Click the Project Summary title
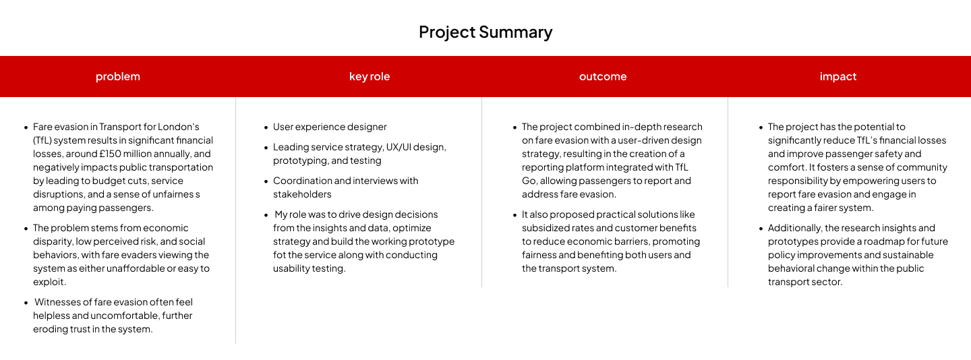[486, 32]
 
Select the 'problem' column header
[118, 77]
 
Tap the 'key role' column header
[370, 77]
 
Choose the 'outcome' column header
[603, 77]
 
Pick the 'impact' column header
[838, 77]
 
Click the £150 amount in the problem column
[110, 154]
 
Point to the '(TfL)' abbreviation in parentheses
[42, 140]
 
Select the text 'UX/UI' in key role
[398, 147]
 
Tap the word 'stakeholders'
[302, 194]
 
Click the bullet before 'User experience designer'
[266, 127]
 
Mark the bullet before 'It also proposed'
[515, 215]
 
